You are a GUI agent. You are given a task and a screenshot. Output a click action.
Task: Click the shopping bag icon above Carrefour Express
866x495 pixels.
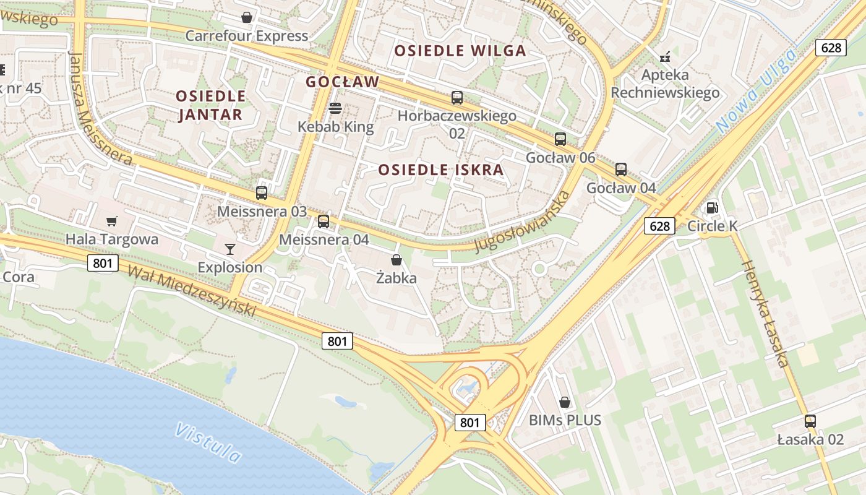pos(247,17)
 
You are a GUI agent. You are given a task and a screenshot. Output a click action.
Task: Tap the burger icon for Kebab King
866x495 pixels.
pos(335,108)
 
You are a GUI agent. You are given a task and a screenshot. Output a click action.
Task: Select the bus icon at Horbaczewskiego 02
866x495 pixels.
pos(457,97)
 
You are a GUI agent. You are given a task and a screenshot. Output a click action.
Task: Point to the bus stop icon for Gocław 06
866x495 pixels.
pos(560,139)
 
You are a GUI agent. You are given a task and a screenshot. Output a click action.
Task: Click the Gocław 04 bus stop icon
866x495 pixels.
pos(621,170)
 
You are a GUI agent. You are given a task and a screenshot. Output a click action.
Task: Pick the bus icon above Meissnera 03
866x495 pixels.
pos(262,192)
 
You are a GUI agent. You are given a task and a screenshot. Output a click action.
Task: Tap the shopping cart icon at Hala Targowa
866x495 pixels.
pos(112,221)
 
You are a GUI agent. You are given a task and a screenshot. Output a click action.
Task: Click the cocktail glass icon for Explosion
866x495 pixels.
pos(230,249)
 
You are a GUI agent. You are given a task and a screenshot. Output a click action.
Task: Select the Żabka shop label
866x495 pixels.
pos(397,278)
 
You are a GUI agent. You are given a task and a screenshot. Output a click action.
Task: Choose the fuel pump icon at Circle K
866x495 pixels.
pos(712,208)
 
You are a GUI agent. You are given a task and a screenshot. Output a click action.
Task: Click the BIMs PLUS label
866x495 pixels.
pos(565,420)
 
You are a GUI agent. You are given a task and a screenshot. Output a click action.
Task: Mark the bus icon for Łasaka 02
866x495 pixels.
pos(810,421)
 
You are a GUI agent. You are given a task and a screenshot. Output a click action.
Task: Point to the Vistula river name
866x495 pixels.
pos(208,442)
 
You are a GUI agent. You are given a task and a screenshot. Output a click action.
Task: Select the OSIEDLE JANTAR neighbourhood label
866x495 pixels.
pos(211,105)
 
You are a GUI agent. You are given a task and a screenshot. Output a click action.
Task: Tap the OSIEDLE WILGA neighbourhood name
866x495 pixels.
pos(460,51)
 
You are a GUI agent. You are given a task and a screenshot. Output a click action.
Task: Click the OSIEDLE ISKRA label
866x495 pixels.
pos(440,170)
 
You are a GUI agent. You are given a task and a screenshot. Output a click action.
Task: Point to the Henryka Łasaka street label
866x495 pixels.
pos(765,314)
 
